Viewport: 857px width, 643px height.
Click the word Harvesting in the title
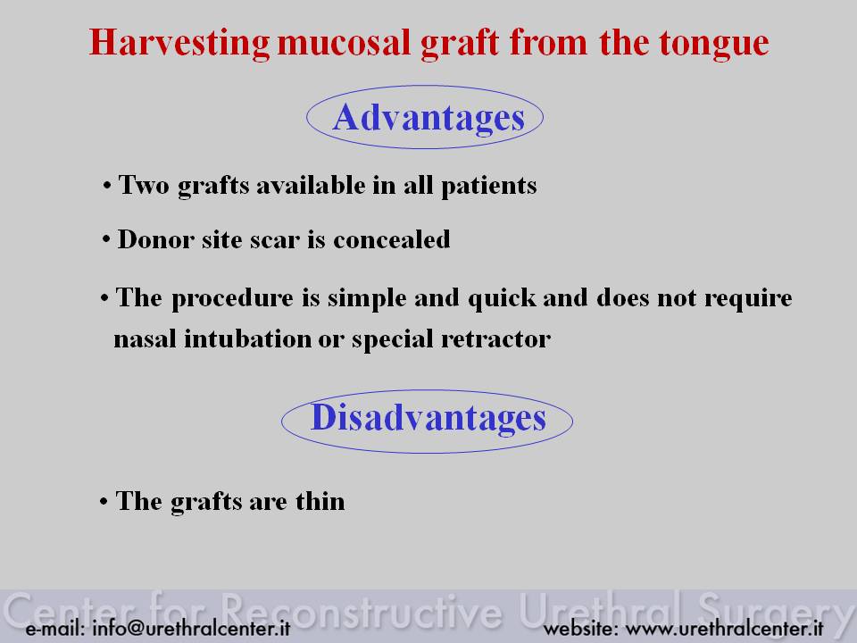click(179, 43)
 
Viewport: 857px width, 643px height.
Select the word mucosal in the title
click(344, 43)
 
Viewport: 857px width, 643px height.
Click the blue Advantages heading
click(428, 118)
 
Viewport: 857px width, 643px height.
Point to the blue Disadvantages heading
click(428, 418)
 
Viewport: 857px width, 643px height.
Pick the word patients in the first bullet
click(489, 186)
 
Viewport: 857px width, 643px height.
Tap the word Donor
click(155, 239)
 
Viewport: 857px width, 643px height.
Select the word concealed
click(392, 239)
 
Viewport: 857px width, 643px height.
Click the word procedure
click(232, 299)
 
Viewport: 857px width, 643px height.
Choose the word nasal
click(145, 339)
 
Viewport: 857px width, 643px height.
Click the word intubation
click(247, 339)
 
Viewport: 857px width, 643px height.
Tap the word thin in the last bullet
click(320, 501)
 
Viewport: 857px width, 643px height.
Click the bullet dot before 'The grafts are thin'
click(104, 501)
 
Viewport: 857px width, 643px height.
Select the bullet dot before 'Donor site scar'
click(106, 240)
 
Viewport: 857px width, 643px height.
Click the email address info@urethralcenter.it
click(191, 628)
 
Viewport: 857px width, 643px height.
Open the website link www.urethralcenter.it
click(724, 628)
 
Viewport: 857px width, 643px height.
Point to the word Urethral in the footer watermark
click(601, 611)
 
